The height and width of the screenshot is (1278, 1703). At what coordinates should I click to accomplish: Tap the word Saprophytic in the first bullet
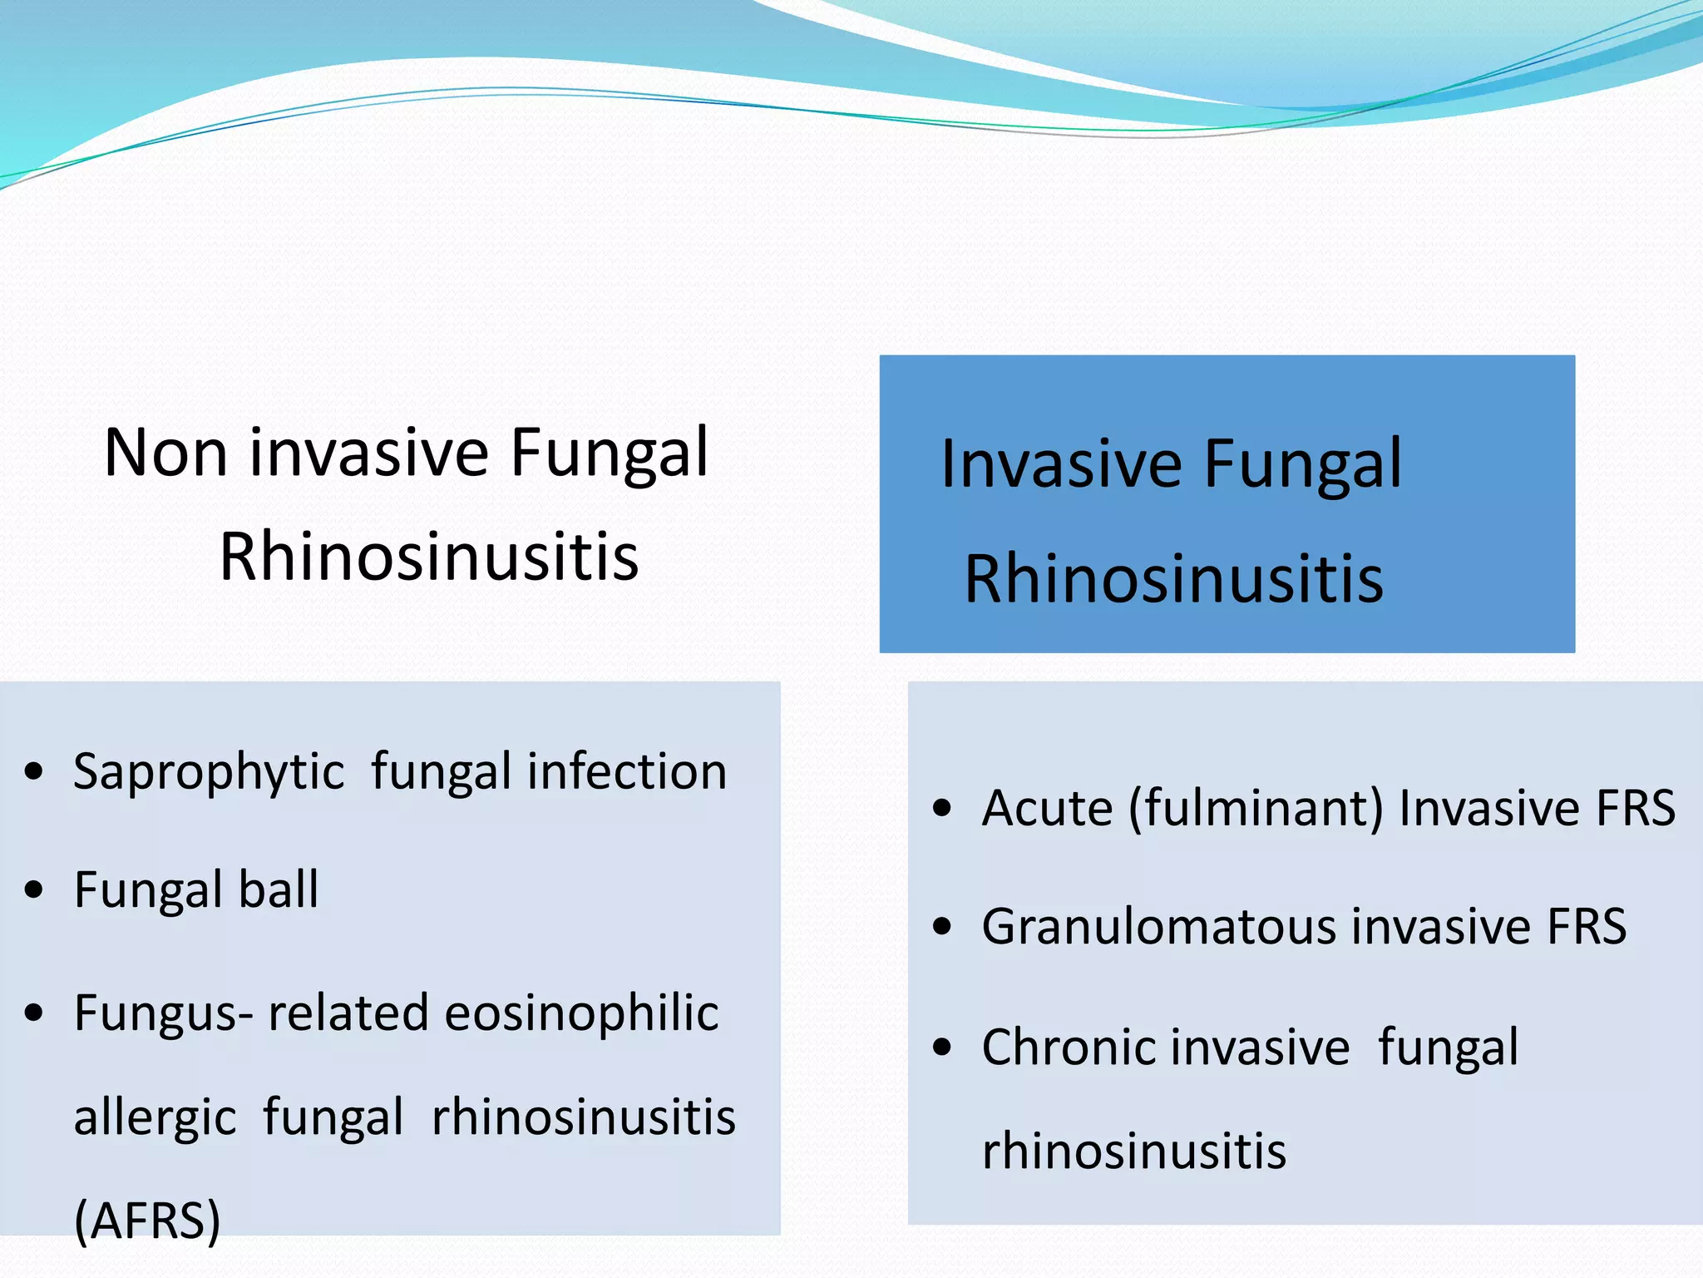[x=208, y=772]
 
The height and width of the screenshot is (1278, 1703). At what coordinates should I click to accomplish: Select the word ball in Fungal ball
[x=279, y=889]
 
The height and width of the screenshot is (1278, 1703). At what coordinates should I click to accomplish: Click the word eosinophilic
[x=581, y=1013]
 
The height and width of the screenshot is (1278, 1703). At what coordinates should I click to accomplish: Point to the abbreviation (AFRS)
[x=147, y=1221]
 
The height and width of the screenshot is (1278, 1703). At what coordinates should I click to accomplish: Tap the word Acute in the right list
[x=1047, y=808]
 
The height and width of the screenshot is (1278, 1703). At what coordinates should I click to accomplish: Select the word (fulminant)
[x=1256, y=808]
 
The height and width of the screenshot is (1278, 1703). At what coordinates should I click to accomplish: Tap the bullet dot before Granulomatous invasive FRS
[x=941, y=927]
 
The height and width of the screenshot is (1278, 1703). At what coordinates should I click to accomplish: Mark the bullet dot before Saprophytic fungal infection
[x=33, y=771]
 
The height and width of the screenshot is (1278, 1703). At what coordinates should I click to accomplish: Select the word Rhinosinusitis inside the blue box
[x=1173, y=579]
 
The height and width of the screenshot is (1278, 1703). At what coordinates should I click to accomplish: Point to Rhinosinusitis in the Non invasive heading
[x=429, y=557]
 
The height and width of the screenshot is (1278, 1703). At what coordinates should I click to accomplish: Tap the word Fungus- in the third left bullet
[x=164, y=1013]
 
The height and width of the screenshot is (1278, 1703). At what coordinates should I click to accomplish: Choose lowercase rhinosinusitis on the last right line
[x=1134, y=1152]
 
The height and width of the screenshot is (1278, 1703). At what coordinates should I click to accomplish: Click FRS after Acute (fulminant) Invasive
[x=1636, y=808]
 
